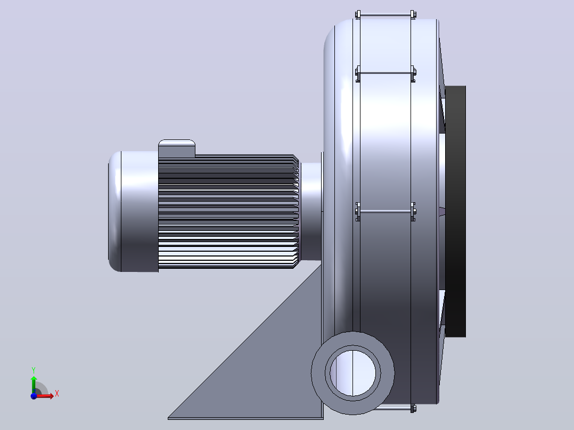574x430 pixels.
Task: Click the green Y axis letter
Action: coord(34,370)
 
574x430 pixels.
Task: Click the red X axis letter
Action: coord(57,394)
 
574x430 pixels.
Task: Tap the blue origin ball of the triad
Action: coord(34,396)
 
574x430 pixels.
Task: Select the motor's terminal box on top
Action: coord(176,148)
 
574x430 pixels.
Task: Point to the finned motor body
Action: coord(228,211)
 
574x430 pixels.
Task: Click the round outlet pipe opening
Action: coord(353,373)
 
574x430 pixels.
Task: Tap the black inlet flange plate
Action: coord(455,211)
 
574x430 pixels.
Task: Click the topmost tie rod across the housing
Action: coord(385,15)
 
